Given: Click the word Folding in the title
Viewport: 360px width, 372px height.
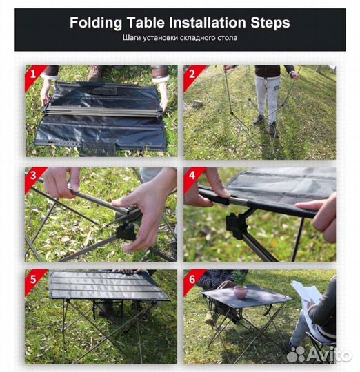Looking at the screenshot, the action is point(96,23).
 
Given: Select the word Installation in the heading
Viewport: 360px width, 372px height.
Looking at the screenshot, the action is point(207,23).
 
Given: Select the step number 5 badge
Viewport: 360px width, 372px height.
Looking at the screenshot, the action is point(33,279).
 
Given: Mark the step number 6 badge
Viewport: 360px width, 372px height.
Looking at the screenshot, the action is point(192,279).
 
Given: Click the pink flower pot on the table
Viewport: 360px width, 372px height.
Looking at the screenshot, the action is point(240,292).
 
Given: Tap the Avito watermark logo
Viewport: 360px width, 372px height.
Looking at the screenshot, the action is point(319,354).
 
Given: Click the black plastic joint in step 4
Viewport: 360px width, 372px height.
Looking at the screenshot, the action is point(235,225).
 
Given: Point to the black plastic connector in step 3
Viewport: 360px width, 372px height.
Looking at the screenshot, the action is point(126,231).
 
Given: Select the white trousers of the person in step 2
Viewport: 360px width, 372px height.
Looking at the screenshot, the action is point(268,97).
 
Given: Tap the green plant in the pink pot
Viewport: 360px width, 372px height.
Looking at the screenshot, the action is point(240,278).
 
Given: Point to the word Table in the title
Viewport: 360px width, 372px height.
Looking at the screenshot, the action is point(146,23).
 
